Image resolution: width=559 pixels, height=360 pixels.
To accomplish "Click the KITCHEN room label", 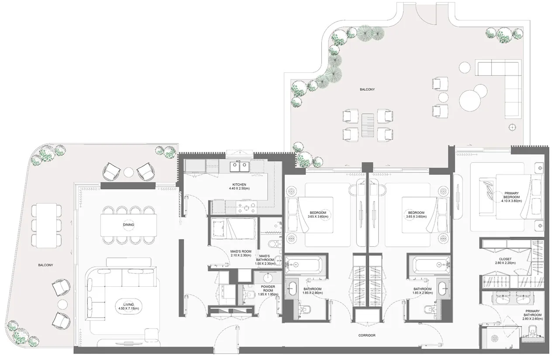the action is coord(239,185).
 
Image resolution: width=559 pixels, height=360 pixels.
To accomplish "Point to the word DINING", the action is coord(128,225).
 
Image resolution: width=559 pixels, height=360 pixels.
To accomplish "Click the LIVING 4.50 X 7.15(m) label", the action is coord(128,307).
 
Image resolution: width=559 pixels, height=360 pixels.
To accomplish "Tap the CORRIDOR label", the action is coord(367,335).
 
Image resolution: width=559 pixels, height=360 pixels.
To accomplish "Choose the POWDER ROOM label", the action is coord(268,289).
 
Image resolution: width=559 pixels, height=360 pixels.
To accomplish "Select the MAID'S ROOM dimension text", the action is coord(241,255).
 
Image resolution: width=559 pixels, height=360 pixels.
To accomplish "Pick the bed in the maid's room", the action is coord(233,229).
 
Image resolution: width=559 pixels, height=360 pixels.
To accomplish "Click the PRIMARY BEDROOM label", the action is coord(511,195).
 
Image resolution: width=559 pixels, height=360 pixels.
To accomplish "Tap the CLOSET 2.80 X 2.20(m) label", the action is coord(505,261).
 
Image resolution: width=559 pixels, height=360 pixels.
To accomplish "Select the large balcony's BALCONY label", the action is coord(367,89).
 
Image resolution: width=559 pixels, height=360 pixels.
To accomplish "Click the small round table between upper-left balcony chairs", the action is coord(129,172).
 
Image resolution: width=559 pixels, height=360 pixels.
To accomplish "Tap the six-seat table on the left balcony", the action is coord(46,226).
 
